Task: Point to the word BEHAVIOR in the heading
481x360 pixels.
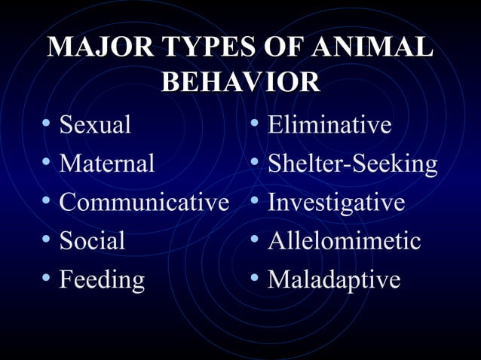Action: [x=240, y=82]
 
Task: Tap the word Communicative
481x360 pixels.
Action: [x=143, y=203]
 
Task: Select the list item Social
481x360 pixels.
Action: [x=92, y=241]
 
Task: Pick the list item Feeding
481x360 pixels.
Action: [x=102, y=280]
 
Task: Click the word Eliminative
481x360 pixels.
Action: [x=329, y=124]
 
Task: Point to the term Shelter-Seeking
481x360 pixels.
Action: [x=352, y=163]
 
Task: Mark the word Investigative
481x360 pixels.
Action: [x=336, y=203]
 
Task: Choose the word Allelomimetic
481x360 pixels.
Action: [x=344, y=241]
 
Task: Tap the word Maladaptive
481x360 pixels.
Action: [x=334, y=280]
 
